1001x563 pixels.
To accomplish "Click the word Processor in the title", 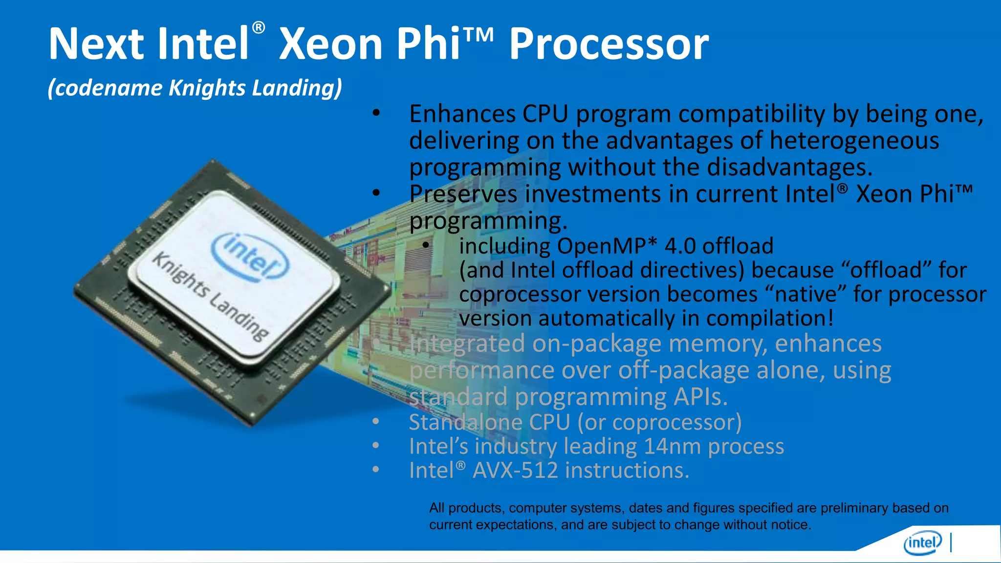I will click(x=609, y=44).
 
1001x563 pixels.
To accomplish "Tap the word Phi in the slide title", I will click(x=428, y=44).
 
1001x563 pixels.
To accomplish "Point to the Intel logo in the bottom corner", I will click(x=922, y=543).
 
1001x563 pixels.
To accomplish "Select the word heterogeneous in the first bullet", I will click(x=854, y=141).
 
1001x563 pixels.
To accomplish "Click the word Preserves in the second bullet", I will click(x=463, y=194).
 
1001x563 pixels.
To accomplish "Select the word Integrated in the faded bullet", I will click(x=467, y=344).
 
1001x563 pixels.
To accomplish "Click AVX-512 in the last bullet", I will click(x=515, y=471).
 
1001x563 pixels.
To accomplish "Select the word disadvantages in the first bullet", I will click(x=789, y=168).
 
